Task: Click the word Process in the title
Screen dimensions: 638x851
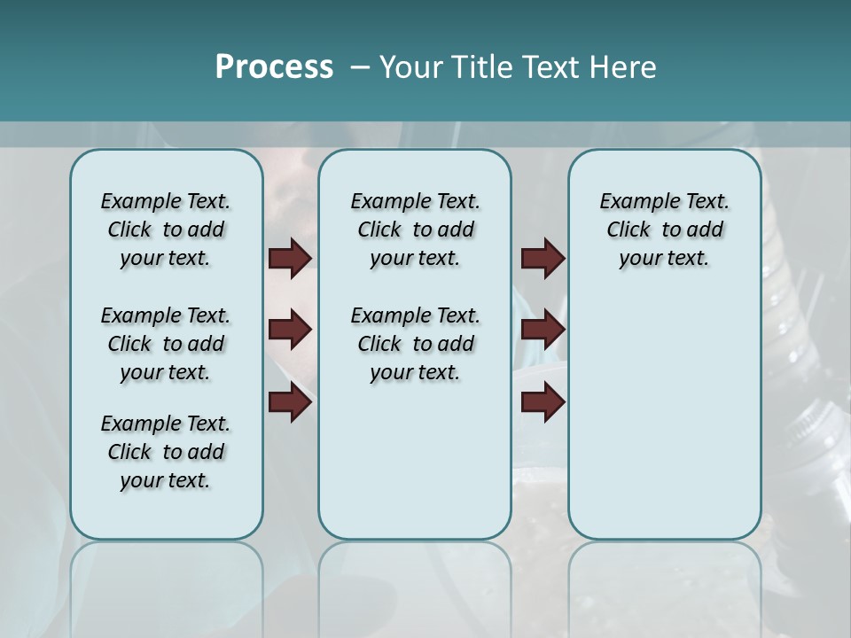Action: coord(274,67)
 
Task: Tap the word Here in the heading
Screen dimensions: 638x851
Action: coord(624,67)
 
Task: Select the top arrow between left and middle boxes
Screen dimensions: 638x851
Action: coord(290,258)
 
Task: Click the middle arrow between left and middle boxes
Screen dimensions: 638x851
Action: coord(290,330)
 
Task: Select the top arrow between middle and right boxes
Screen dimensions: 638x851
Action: coord(543,258)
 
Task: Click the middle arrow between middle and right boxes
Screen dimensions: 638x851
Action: coord(543,330)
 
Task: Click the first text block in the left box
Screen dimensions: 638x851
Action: coord(166,230)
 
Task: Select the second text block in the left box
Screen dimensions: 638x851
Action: coord(166,344)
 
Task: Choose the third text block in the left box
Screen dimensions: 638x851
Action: coord(166,452)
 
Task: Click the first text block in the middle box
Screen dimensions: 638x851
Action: coord(415,230)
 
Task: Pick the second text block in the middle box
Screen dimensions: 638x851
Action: coord(415,344)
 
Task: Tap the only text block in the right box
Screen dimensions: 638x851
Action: coord(665,230)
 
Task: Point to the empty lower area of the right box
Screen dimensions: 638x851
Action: coord(665,425)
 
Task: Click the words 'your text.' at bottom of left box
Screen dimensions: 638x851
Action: coord(165,481)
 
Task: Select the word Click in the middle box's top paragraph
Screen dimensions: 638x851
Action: coord(379,230)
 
